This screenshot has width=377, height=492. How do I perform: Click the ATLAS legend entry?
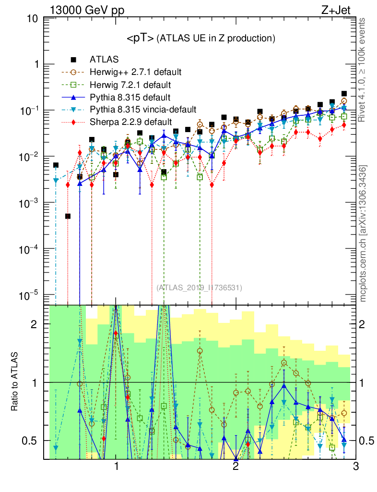(x=101, y=60)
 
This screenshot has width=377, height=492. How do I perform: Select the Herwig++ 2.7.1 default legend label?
(x=135, y=73)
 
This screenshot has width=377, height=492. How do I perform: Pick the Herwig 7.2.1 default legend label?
(x=130, y=85)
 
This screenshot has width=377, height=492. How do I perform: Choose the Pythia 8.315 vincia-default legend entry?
(x=143, y=110)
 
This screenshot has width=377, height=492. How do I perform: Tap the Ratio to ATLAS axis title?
(x=15, y=382)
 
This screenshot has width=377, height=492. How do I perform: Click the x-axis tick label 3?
(x=354, y=467)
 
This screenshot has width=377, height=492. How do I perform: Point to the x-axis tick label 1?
(x=116, y=467)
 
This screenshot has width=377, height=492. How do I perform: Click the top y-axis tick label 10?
(x=33, y=19)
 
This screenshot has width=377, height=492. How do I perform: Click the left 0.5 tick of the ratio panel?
(x=32, y=441)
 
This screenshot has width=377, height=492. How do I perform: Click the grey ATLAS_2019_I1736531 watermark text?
(x=199, y=288)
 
